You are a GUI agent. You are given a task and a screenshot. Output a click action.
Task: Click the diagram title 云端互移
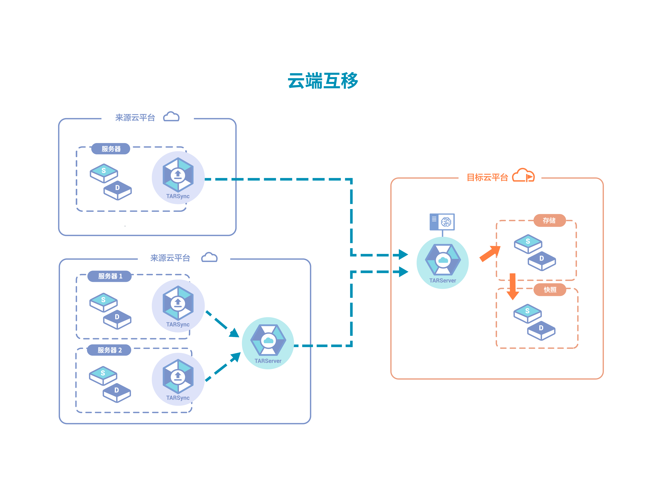coord(323,81)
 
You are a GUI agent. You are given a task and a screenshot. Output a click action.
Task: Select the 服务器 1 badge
coord(110,276)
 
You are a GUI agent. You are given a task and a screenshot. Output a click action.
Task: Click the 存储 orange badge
coord(549,220)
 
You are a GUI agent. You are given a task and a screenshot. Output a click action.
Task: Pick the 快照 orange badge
coord(550,290)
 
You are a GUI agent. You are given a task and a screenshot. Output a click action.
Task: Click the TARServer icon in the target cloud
coord(443,260)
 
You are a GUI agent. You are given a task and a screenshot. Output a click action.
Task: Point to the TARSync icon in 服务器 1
coord(178,303)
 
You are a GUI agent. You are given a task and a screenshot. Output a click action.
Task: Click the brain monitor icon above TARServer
coord(442,222)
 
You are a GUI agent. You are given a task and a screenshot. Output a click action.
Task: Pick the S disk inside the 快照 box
coord(527,313)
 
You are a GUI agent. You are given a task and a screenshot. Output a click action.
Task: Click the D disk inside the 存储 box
coord(542,260)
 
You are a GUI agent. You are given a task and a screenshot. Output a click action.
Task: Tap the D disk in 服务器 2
coord(117,392)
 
